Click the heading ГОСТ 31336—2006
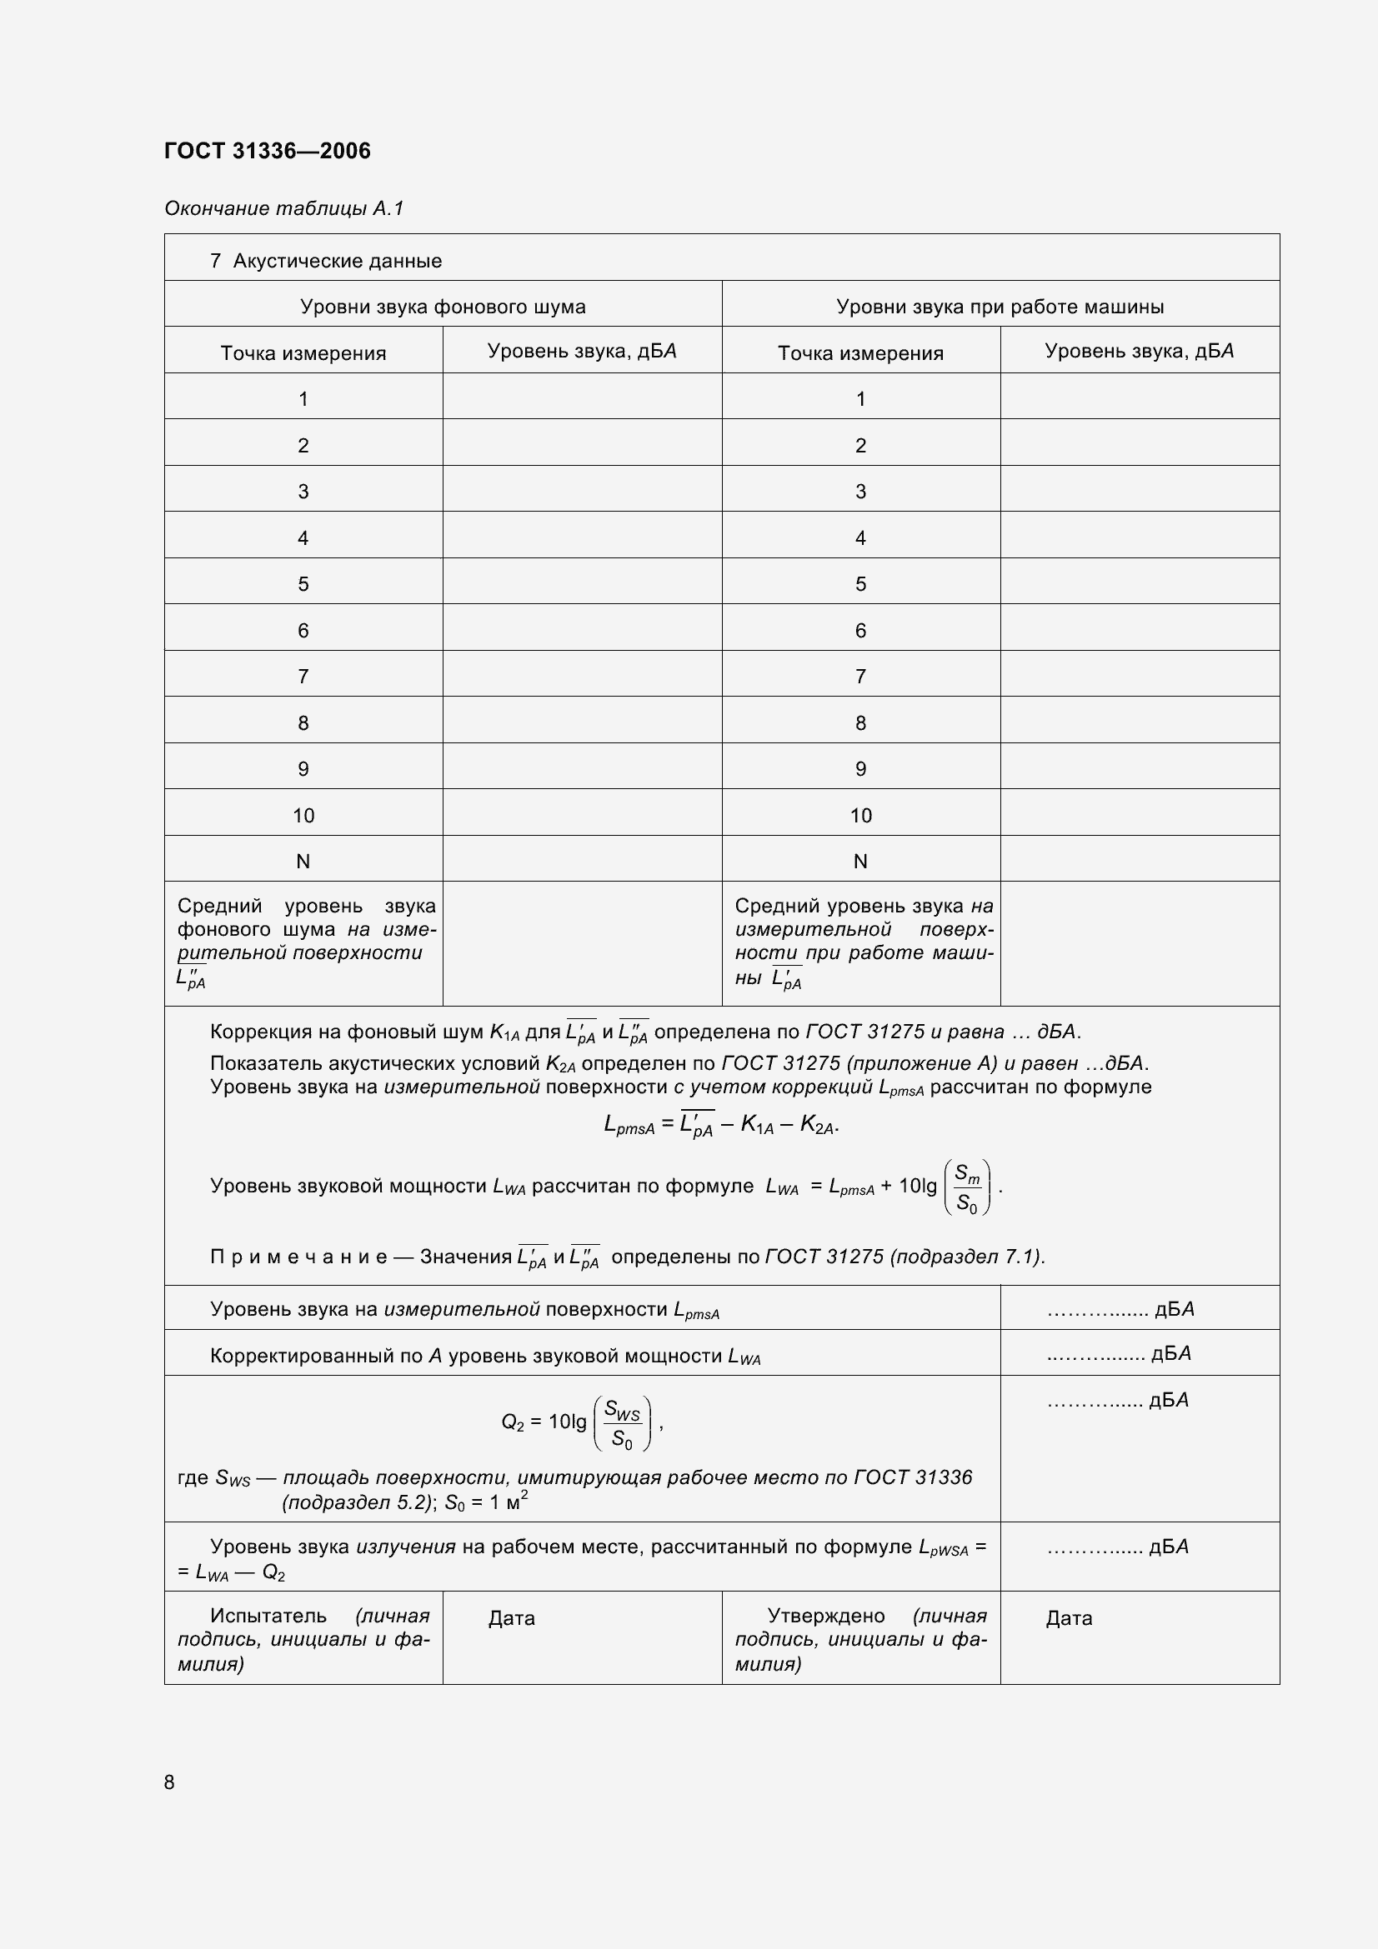click(268, 151)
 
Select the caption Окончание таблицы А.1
click(283, 208)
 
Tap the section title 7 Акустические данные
click(326, 261)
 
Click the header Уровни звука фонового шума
click(443, 307)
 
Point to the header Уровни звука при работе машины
click(1000, 307)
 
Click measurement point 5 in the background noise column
click(303, 584)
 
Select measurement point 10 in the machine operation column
click(860, 816)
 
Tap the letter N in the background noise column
click(303, 862)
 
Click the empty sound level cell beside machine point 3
click(1139, 491)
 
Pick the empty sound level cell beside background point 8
click(582, 722)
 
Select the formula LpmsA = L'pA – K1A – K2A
click(721, 1126)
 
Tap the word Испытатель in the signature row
click(268, 1616)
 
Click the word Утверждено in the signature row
click(825, 1616)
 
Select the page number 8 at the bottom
click(170, 1782)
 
